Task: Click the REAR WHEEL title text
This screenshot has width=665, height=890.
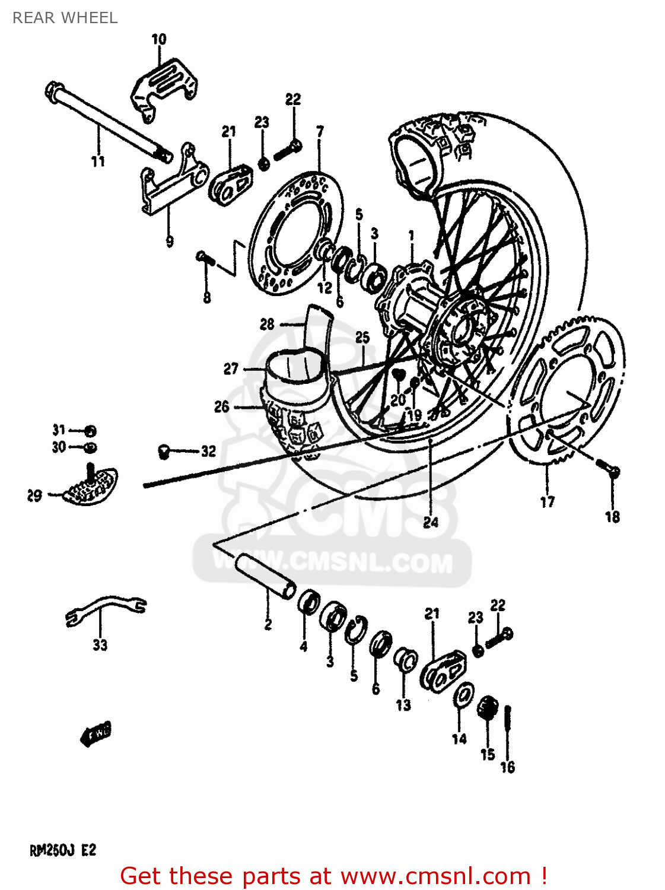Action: click(x=65, y=18)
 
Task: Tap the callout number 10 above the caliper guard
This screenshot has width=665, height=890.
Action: click(x=158, y=40)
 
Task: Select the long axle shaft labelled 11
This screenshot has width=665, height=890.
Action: click(x=107, y=122)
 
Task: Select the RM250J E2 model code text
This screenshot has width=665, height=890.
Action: click(x=63, y=850)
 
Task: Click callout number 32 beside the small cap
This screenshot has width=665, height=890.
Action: click(x=208, y=452)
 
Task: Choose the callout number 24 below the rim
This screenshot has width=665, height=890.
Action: click(x=431, y=522)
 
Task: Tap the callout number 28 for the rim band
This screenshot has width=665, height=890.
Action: click(x=267, y=324)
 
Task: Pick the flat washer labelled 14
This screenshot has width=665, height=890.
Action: click(x=463, y=695)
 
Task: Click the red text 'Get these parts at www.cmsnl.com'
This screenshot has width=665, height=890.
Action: click(x=333, y=876)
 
